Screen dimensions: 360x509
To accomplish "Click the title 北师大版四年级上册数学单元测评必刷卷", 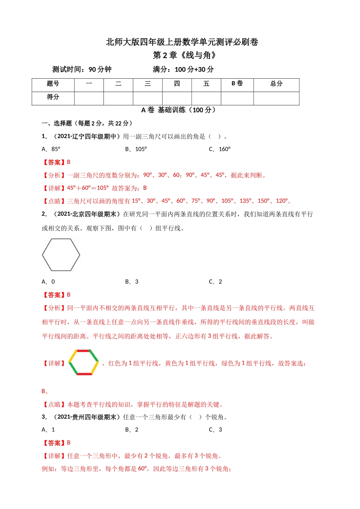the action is pos(182,42).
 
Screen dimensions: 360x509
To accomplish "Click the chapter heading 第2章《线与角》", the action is pos(185,55).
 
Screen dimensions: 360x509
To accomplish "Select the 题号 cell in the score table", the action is pos(53,84).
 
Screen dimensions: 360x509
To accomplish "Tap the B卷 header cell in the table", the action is pos(237,84).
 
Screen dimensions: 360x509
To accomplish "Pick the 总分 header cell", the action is pos(276,84).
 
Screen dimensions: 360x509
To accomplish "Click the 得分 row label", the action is pos(53,97).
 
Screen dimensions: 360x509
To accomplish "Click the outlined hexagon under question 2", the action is pos(61,255).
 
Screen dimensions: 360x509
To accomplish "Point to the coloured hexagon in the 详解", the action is pos(84,362).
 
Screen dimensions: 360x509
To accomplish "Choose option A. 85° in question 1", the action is pos(51,149).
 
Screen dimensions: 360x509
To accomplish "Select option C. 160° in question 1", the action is pos(220,149).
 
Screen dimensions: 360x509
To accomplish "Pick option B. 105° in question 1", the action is pos(136,149).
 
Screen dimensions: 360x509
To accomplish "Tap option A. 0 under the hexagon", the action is pos(48,282).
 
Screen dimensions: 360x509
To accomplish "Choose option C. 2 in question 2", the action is pos(216,282).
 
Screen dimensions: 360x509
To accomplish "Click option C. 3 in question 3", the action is pos(216,430).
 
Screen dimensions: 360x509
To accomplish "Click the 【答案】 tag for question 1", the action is pos(53,162).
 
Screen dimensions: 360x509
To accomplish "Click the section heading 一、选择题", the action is pos(56,123).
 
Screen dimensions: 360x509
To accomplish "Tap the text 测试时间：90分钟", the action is pos(82,70).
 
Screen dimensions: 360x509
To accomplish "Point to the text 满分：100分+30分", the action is pos(183,70).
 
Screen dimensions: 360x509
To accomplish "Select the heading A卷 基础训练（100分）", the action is pos(178,110).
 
